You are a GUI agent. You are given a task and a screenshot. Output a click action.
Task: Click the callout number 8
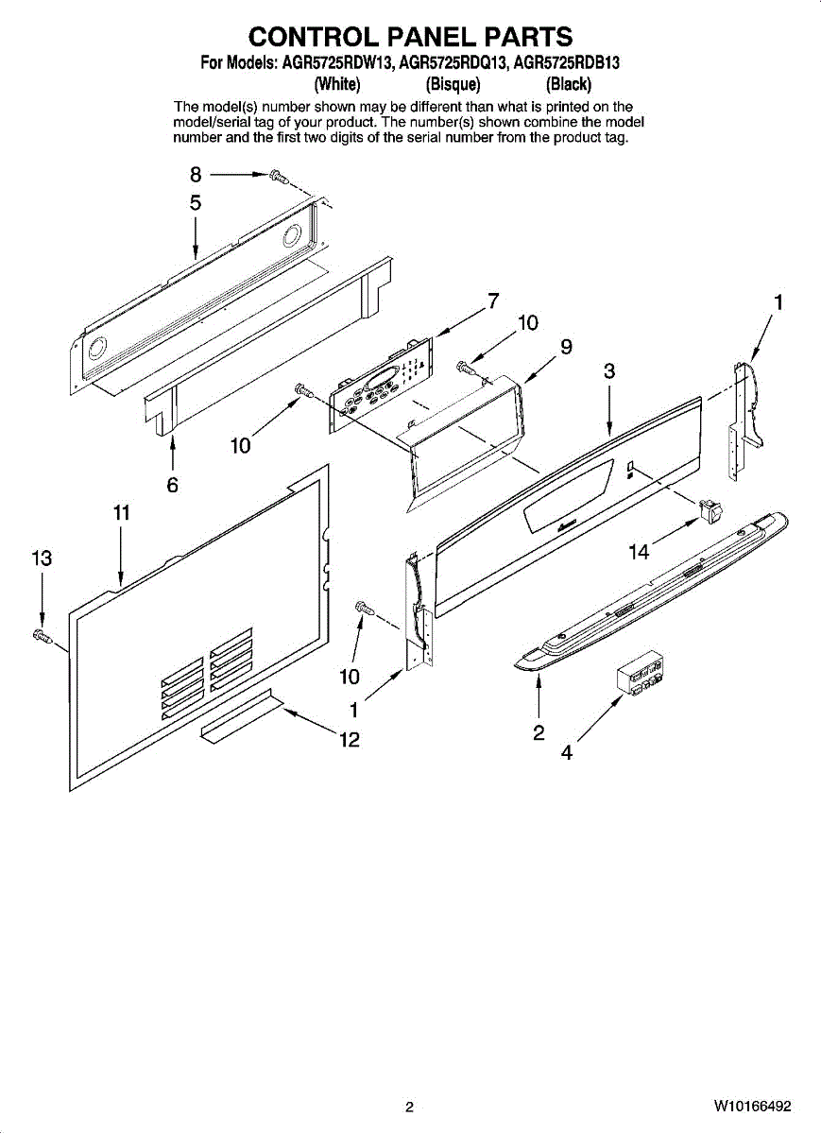tap(196, 175)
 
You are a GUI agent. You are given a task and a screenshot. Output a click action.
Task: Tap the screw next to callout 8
tap(277, 176)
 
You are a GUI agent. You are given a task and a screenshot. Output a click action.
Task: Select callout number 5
tap(196, 202)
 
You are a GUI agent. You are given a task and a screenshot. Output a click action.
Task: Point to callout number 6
tap(173, 485)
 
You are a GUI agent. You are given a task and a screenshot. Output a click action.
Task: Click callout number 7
tap(492, 301)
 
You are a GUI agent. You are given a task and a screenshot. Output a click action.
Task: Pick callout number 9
tap(566, 347)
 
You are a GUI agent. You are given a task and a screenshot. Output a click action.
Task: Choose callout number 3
tap(609, 371)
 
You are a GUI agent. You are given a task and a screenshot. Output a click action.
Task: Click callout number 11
tap(121, 513)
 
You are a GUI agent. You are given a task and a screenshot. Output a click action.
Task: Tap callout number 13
tap(42, 558)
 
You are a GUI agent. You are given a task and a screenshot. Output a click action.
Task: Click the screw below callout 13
tap(42, 635)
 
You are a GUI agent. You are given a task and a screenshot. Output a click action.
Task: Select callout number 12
tap(350, 740)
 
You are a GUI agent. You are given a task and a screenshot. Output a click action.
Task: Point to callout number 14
tap(640, 552)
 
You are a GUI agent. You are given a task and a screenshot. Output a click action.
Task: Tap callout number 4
tap(567, 753)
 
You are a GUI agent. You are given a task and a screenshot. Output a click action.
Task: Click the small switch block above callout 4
tap(641, 675)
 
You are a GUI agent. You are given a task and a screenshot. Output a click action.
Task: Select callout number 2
tap(538, 732)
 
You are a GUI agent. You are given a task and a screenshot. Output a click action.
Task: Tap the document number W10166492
tap(752, 1106)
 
